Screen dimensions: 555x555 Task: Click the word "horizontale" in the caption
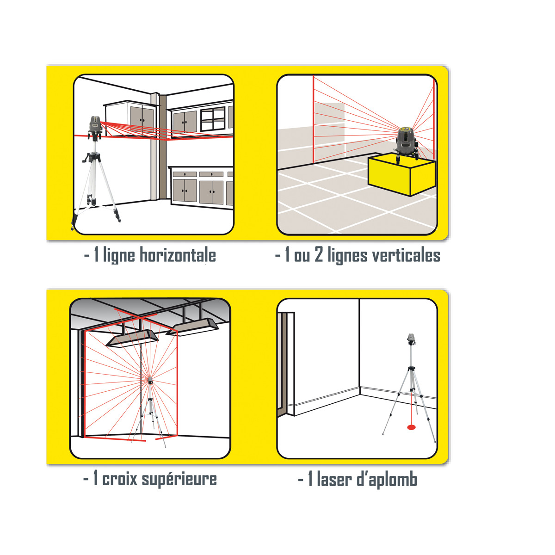click(x=178, y=255)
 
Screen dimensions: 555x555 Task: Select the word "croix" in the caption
click(x=119, y=479)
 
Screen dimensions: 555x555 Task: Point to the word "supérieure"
click(x=179, y=480)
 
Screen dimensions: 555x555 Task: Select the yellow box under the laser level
click(x=402, y=174)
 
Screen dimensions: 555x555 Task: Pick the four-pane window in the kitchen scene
click(x=213, y=119)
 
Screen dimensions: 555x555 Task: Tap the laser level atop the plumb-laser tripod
click(x=411, y=339)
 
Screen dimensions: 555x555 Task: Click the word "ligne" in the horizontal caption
click(x=119, y=256)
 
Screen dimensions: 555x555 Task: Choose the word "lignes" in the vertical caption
click(x=348, y=256)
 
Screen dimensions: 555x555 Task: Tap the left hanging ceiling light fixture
click(x=132, y=339)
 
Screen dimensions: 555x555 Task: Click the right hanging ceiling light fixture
click(x=192, y=327)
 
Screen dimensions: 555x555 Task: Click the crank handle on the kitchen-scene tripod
click(x=86, y=158)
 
